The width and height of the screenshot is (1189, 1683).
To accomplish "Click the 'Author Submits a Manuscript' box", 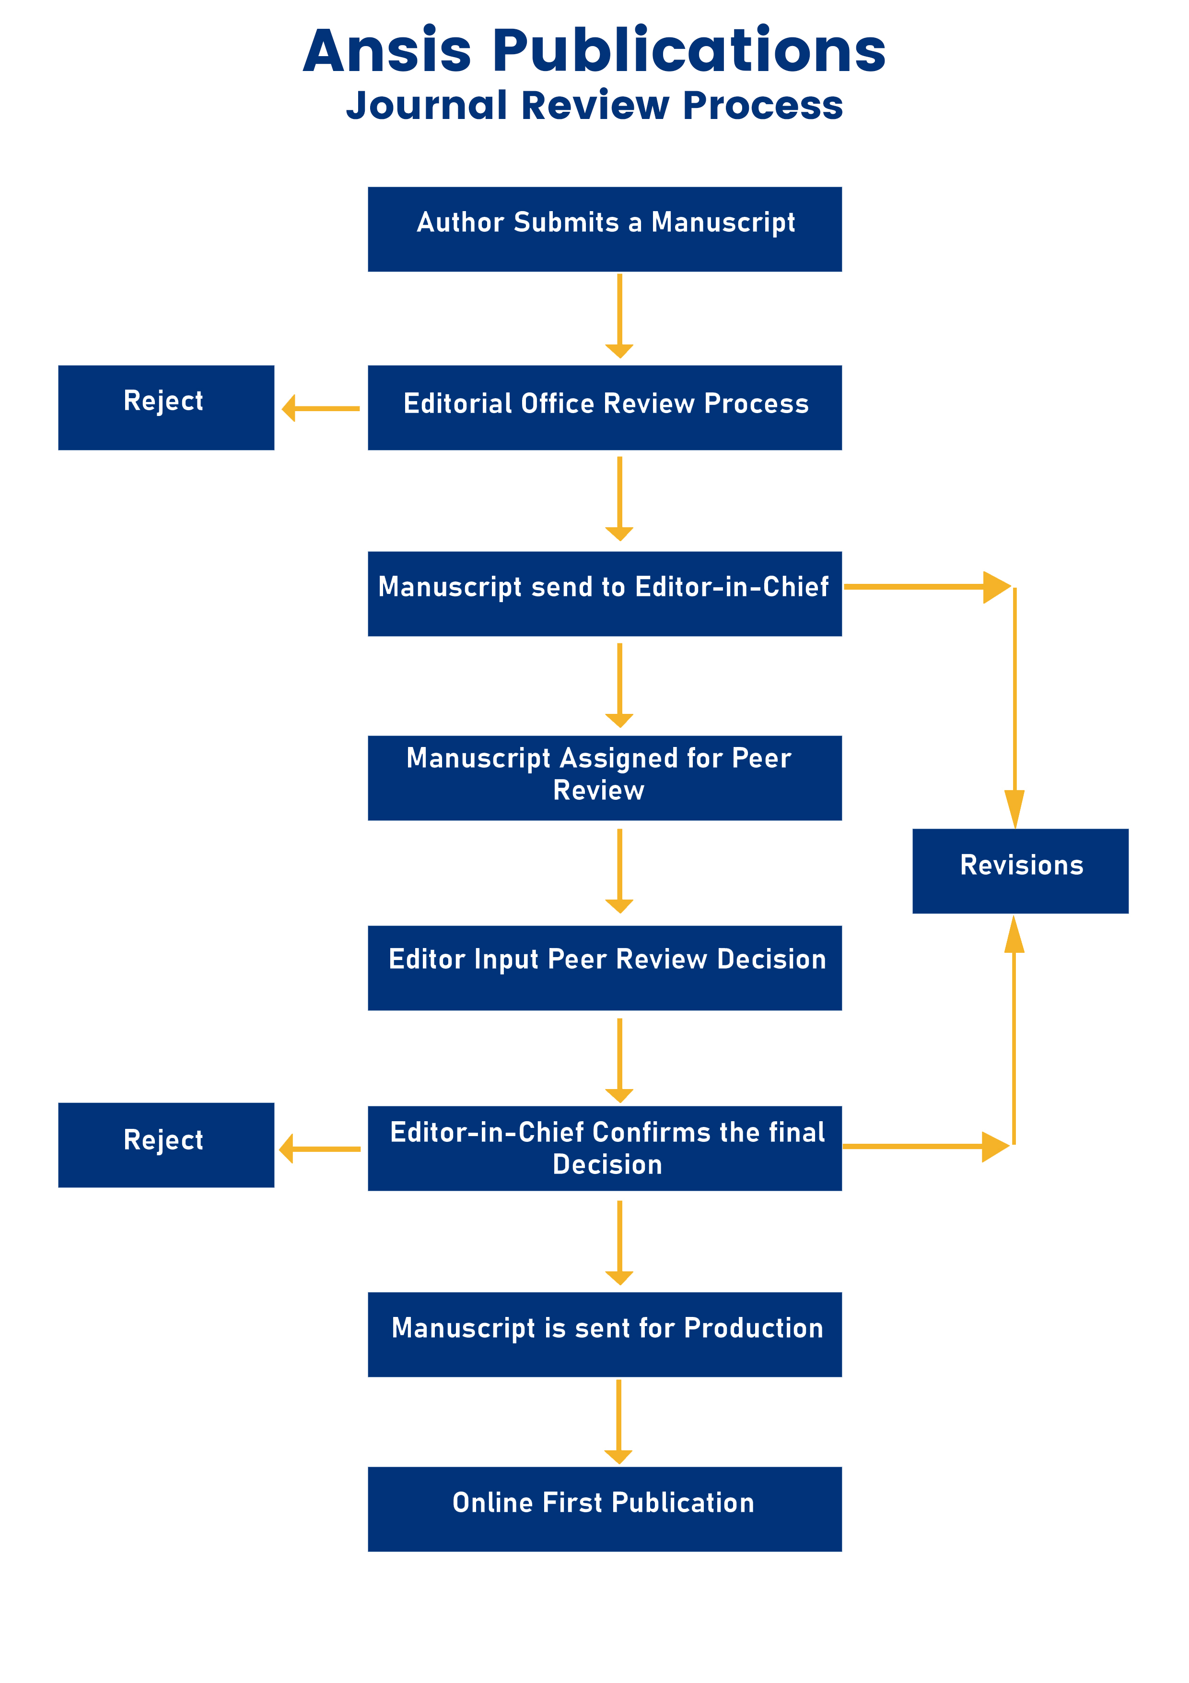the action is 605,229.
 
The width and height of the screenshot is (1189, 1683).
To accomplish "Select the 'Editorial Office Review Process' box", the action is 605,407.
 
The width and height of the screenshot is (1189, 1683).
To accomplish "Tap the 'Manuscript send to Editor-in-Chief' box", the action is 605,594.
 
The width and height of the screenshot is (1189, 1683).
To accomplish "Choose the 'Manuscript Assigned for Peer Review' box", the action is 605,778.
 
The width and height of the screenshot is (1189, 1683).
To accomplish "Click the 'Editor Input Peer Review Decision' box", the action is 605,968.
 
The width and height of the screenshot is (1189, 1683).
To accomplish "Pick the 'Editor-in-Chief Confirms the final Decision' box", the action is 605,1148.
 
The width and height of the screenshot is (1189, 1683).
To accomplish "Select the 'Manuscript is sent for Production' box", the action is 605,1334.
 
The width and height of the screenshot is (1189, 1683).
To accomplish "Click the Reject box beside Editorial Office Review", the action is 166,407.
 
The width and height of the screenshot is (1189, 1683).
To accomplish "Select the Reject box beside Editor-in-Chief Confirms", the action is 166,1145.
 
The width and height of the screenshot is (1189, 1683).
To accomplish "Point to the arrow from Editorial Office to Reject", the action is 321,408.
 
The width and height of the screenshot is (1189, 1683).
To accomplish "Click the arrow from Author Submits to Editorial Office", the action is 619,316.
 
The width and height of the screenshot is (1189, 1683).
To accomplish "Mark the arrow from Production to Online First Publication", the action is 618,1422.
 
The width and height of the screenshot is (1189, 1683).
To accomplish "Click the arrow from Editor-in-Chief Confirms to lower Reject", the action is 319,1149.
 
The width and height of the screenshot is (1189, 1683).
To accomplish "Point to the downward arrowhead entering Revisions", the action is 1014,809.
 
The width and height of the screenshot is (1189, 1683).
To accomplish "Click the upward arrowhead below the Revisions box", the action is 1014,935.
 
